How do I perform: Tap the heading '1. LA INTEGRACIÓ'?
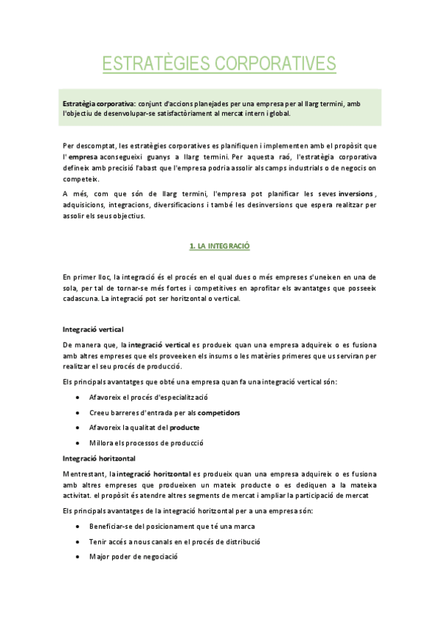(220, 247)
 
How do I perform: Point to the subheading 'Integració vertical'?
(93, 329)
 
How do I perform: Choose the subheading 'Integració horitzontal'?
(99, 458)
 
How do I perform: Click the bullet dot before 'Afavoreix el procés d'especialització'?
(78, 397)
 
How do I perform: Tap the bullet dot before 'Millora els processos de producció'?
(78, 442)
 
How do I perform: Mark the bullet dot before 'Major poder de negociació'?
(78, 556)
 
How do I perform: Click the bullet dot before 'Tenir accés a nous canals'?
(78, 541)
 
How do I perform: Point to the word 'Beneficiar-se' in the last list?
(111, 526)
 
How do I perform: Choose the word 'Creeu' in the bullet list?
(100, 412)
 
